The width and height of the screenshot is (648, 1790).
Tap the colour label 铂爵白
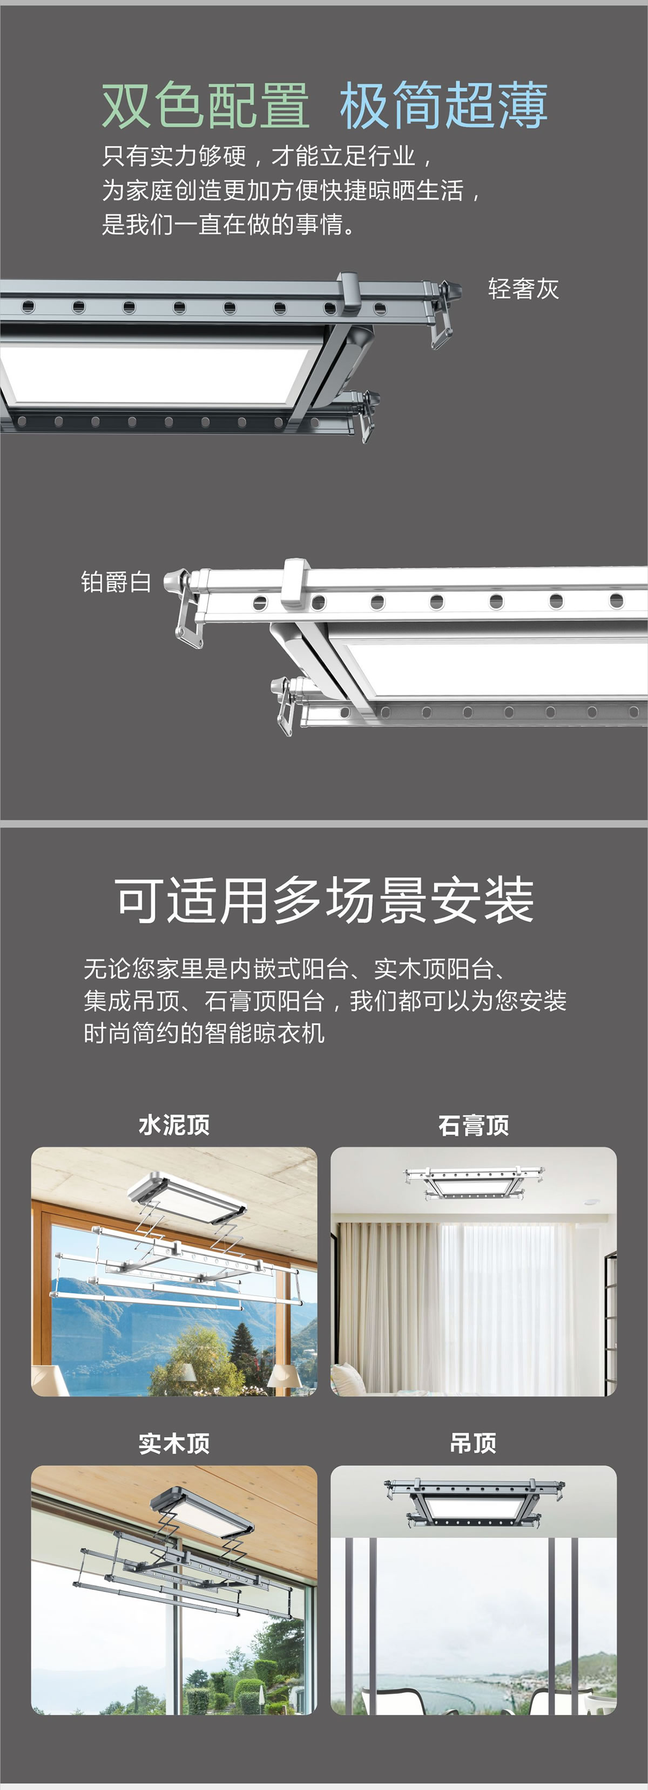[x=116, y=582]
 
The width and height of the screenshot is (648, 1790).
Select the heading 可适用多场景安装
[x=324, y=900]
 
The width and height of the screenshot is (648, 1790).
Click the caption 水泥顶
[x=174, y=1124]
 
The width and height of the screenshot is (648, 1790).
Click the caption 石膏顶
[x=474, y=1124]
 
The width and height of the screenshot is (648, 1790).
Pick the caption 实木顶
[x=174, y=1443]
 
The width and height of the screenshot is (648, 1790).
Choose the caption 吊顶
[x=474, y=1443]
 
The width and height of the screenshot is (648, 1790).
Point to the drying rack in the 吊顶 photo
[x=475, y=1503]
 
